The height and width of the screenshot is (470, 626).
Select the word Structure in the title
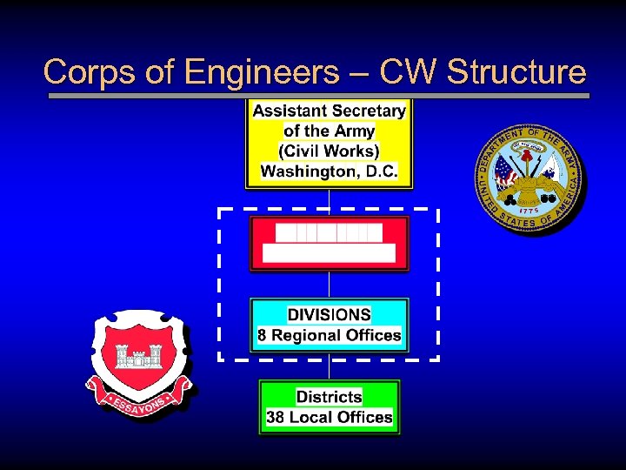[516, 72]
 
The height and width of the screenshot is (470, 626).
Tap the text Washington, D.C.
[329, 171]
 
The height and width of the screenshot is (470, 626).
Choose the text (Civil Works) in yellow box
[329, 151]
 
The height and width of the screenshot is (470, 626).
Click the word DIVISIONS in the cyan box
[329, 315]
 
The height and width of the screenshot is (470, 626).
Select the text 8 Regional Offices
[329, 335]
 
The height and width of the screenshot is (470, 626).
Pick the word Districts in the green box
[329, 397]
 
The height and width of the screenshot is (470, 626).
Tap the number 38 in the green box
[276, 418]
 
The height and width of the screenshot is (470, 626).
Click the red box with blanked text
[329, 244]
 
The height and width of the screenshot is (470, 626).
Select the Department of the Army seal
[529, 178]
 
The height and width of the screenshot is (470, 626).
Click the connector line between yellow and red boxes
[329, 201]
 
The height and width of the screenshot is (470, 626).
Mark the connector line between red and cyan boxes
[329, 285]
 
